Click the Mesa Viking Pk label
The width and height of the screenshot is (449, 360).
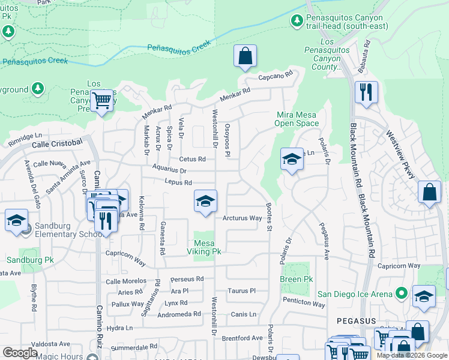(x=203, y=247)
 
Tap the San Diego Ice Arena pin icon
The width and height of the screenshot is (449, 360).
(x=402, y=293)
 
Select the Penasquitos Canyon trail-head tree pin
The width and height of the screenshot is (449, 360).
(x=297, y=21)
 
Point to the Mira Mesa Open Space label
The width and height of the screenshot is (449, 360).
(x=297, y=119)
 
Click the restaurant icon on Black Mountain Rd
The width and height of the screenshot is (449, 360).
(x=366, y=92)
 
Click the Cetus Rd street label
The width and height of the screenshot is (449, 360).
(x=192, y=159)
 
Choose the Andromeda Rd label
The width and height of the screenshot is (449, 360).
(x=179, y=314)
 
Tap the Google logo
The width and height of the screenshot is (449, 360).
(x=20, y=353)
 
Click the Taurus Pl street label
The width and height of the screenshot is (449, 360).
(x=242, y=290)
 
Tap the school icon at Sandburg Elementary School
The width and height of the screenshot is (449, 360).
(x=17, y=220)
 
